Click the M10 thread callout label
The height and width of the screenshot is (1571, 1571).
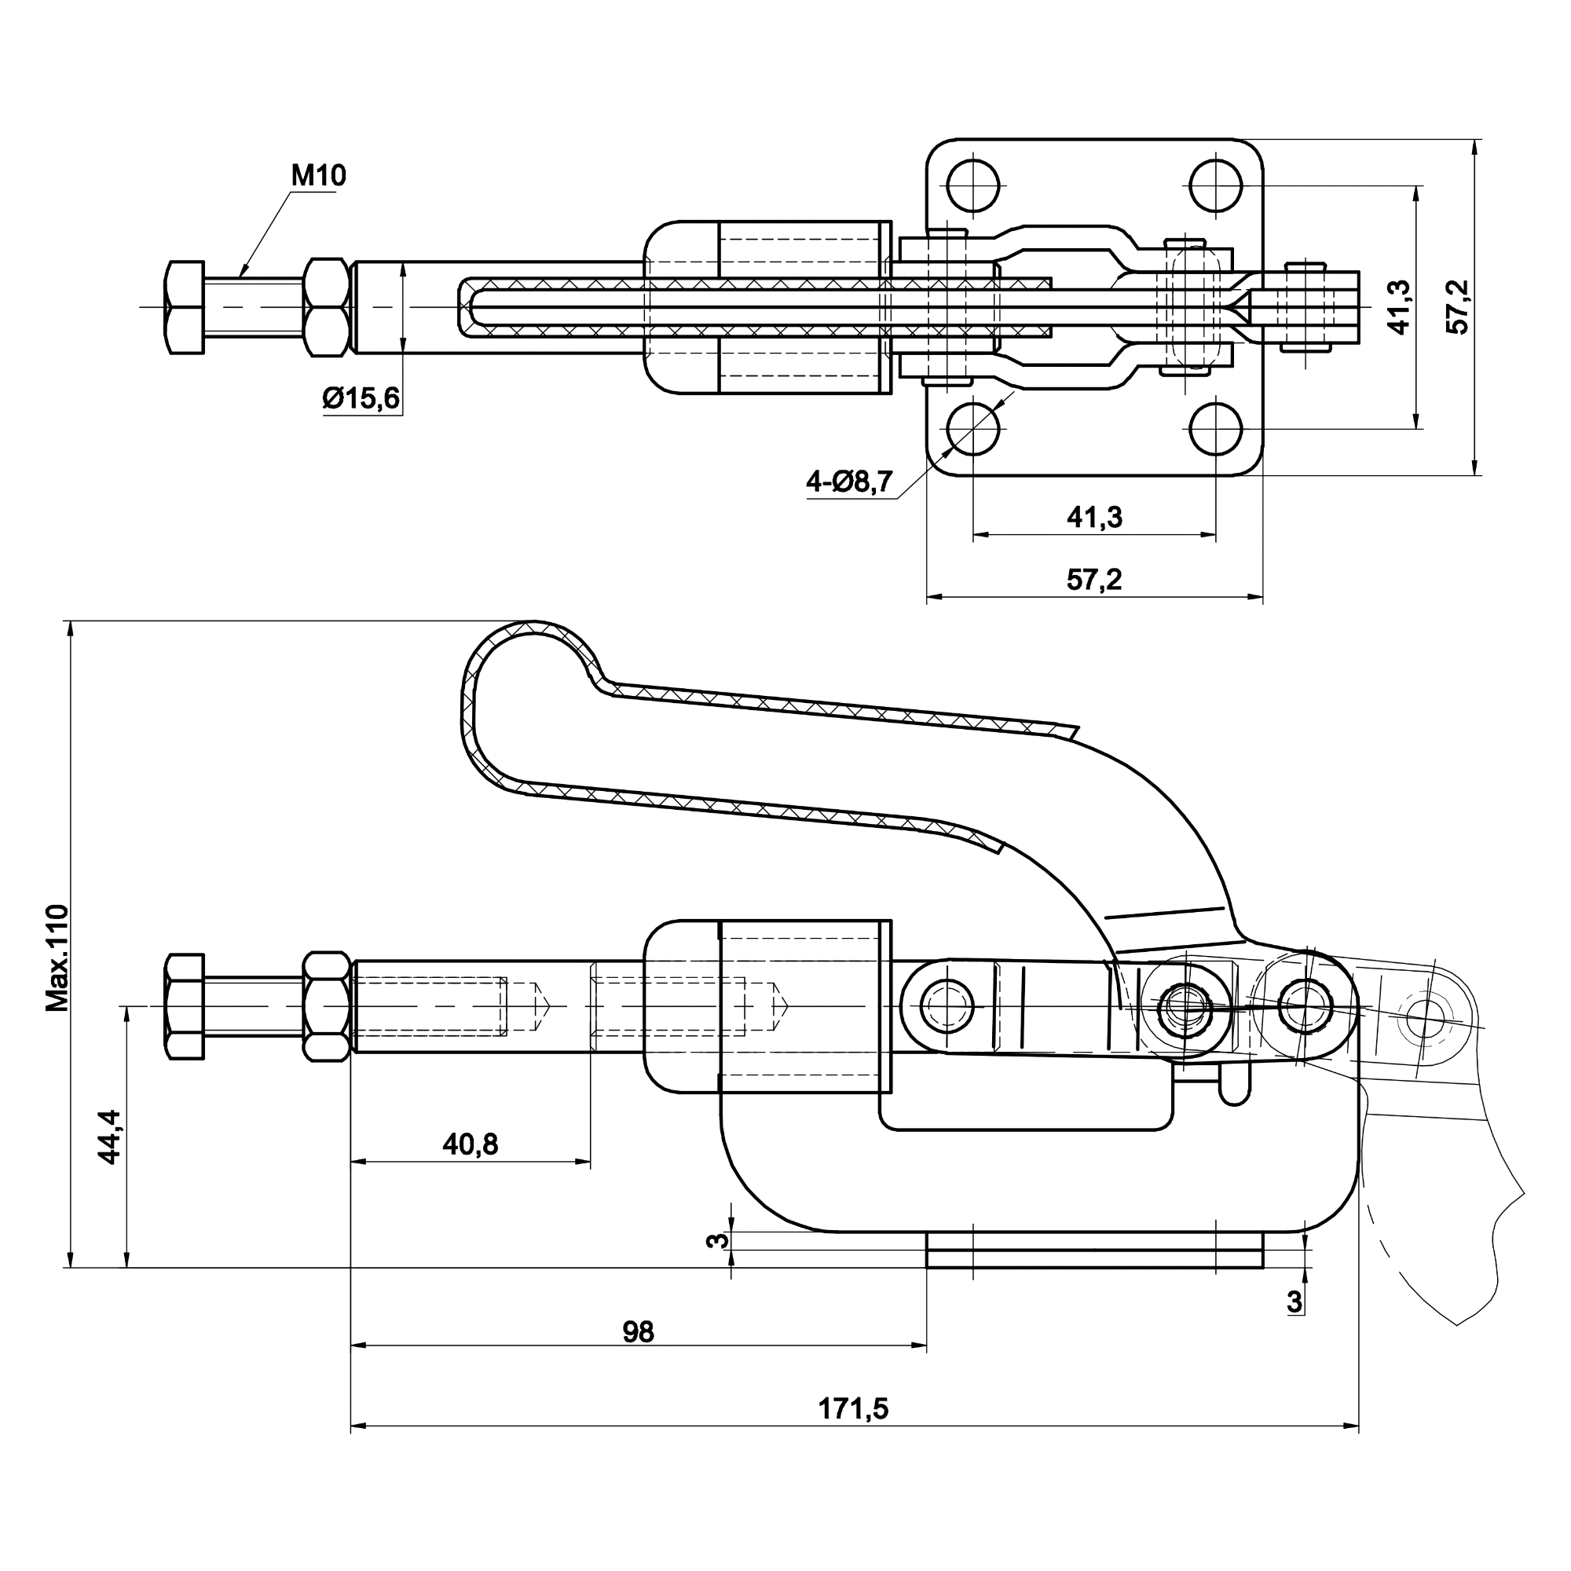coord(318,176)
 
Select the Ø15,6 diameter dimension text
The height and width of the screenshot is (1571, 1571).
coord(361,398)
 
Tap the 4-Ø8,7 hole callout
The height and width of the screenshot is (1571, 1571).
coord(849,482)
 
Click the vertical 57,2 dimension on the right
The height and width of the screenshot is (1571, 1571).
coord(1459,306)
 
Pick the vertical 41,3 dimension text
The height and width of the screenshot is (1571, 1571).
coord(1399,306)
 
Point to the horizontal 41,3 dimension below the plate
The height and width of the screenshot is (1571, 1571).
coord(1093,517)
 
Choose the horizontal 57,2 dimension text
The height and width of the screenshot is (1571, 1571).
coord(1093,580)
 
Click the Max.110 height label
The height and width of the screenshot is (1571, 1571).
coord(57,957)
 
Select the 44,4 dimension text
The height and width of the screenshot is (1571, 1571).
coord(110,1137)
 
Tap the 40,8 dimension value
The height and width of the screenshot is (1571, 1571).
coord(470,1144)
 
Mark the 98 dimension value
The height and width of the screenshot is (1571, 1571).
coord(639,1332)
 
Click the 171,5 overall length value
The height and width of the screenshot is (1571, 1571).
coord(853,1409)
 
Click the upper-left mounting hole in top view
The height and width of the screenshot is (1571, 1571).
coord(973,185)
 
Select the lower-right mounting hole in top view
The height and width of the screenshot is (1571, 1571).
coord(1216,429)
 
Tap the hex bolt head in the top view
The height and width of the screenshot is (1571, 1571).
coord(184,307)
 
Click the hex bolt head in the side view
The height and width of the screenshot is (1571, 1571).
coord(184,1007)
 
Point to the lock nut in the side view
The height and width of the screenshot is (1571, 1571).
coord(327,1007)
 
